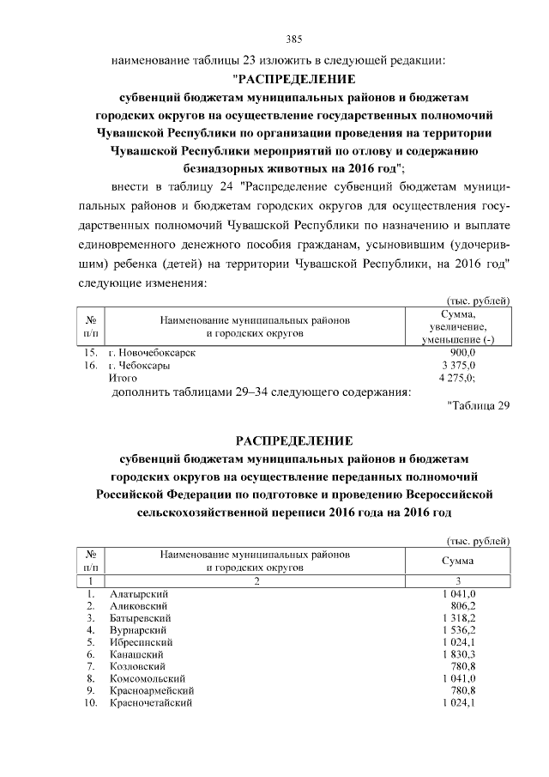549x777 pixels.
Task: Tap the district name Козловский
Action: pyautogui.click(x=138, y=666)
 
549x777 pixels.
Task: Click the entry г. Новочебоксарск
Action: pyautogui.click(x=152, y=353)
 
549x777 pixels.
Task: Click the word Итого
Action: pyautogui.click(x=122, y=378)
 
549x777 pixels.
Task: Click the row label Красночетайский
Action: pyautogui.click(x=150, y=703)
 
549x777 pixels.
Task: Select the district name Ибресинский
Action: pyautogui.click(x=142, y=642)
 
